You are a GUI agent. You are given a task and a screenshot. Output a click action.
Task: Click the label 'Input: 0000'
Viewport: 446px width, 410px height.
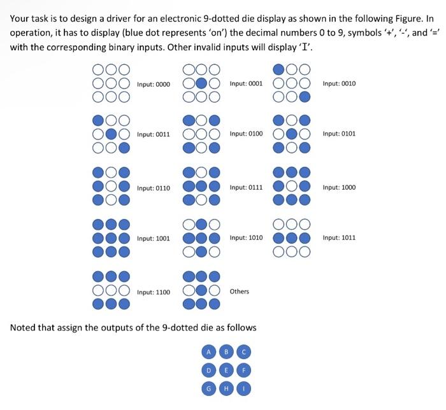point(153,84)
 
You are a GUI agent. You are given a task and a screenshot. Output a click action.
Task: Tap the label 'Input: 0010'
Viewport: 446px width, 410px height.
point(339,83)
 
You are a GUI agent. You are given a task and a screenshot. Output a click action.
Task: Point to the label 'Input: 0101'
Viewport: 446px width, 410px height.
point(339,134)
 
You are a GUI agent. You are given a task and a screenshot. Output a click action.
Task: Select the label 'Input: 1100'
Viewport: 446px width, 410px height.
point(153,292)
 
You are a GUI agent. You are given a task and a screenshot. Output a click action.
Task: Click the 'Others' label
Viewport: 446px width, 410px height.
point(240,292)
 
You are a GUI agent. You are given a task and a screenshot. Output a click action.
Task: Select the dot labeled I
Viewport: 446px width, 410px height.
point(244,386)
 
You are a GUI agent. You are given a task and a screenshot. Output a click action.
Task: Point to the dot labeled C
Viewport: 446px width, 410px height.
point(244,351)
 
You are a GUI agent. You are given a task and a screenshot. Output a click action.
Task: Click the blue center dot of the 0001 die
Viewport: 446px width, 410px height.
point(202,83)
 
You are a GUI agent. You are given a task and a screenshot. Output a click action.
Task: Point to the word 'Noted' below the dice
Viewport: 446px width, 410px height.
point(25,327)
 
